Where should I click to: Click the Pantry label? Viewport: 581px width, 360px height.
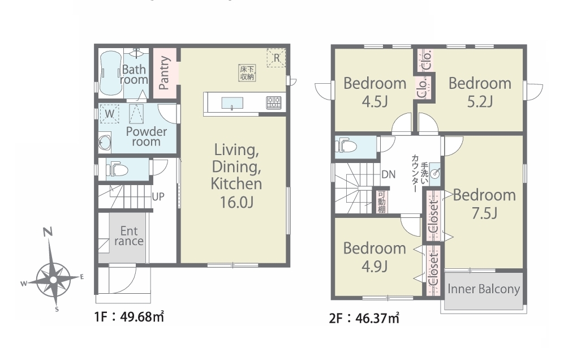coord(164,72)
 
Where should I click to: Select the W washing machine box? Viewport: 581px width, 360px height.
coord(110,114)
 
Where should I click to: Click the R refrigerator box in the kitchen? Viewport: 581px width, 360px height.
coord(277,58)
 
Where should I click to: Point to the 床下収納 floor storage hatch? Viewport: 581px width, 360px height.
coord(247,72)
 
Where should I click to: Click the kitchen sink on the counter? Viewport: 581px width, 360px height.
coord(233,103)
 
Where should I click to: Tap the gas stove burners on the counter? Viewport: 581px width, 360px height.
coord(274,102)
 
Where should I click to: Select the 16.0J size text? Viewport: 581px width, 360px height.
coord(236,203)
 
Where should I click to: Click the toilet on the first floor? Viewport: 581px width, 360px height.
coord(117,170)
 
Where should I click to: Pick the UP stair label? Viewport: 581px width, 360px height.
coord(158,196)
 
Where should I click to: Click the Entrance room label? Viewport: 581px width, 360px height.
coord(128,236)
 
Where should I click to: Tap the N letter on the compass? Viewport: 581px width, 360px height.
coord(48,233)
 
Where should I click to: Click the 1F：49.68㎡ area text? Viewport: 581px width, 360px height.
coord(129,317)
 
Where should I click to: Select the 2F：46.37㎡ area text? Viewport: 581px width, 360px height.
coord(364,318)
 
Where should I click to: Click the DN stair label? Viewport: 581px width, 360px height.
coord(388,174)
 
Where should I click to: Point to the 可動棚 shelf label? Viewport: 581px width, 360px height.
coord(382,202)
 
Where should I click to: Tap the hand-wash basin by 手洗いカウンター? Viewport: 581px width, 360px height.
coord(436,173)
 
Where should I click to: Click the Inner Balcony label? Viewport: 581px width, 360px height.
coord(484,289)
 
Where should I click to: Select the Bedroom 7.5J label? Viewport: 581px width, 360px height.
coord(484,204)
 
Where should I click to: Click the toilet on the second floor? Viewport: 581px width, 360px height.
coord(346,147)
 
